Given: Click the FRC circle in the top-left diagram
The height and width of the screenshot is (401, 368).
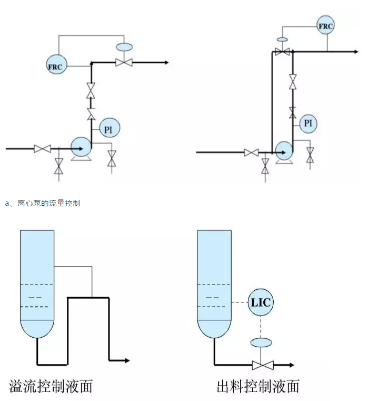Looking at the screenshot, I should coord(55,66).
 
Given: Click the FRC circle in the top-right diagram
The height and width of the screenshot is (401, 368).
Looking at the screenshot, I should coord(326,25).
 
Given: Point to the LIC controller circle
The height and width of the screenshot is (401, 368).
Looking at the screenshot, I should coord(261,302).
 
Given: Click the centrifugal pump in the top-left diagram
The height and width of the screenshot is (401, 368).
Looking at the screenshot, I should coord(81,147).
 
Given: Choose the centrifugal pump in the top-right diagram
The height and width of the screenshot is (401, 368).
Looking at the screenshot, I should coord(283,150).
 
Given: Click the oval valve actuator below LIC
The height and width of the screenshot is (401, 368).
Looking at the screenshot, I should coord(261,342).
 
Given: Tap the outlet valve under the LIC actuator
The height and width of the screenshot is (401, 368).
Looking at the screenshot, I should coord(261,365).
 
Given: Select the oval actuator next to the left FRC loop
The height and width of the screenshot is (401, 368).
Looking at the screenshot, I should coord(125,47).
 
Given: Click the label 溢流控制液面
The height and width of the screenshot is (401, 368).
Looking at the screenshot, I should coord(51,387).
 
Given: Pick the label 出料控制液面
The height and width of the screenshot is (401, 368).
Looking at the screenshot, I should coord(258,387).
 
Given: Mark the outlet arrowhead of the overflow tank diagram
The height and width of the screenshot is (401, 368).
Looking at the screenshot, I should coord(127,360).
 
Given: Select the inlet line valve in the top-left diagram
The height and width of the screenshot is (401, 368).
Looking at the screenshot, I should coord(42,149).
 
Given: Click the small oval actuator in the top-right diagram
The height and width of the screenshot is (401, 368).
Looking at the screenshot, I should coord(283,40).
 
